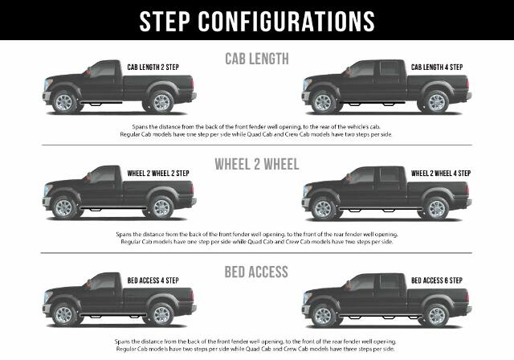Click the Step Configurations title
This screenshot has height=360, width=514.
click(257, 20)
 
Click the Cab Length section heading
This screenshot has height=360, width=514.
click(257, 58)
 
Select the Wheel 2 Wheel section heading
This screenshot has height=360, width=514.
click(257, 164)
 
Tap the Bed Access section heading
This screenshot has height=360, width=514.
click(257, 272)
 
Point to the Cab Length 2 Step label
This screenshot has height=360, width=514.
click(158, 67)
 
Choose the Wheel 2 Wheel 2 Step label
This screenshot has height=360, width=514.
click(158, 173)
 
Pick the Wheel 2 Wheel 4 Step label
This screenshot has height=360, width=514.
click(441, 173)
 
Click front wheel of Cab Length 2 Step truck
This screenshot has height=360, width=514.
click(65, 102)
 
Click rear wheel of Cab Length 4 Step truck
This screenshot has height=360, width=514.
click(437, 102)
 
